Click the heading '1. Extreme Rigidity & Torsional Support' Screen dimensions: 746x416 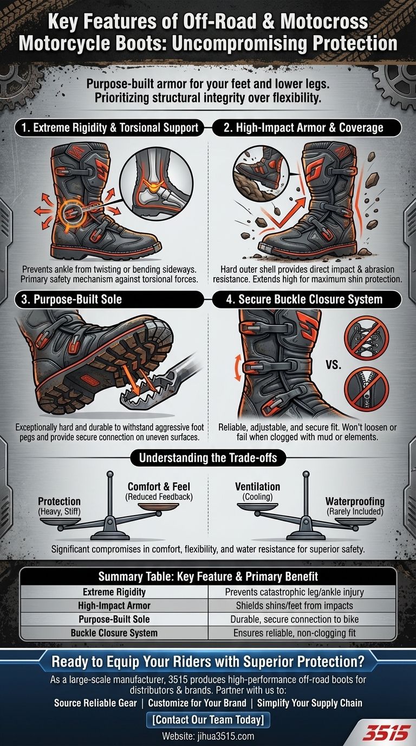[x=110, y=128]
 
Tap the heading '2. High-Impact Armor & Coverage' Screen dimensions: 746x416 [x=304, y=128]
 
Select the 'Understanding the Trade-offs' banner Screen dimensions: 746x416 [x=207, y=458]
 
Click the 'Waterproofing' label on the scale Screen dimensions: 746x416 [x=355, y=501]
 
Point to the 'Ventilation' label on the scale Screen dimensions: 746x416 [x=258, y=487]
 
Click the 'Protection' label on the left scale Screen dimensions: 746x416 [x=60, y=501]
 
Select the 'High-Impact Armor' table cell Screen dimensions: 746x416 [x=114, y=605]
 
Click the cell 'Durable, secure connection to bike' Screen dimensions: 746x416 [x=302, y=619]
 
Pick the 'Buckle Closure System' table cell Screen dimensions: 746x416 [x=114, y=632]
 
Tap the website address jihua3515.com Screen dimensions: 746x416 [x=208, y=736]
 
